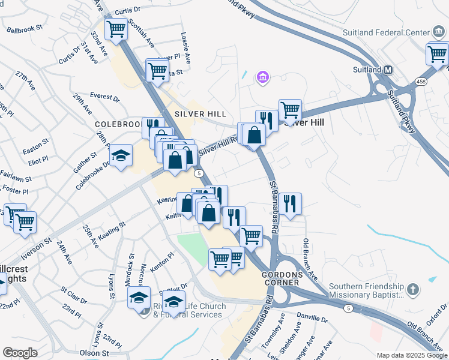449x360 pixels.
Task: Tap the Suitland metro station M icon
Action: pos(388,70)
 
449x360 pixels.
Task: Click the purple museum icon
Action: pos(262,77)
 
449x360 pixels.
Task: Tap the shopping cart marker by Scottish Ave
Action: pos(116,28)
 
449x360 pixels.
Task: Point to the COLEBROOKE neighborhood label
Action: pos(119,124)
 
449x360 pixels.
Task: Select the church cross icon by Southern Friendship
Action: pos(412,289)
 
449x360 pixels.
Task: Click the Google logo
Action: pos(20,353)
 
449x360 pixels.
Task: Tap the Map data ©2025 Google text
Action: pos(412,355)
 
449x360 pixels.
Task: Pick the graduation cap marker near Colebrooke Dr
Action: pos(121,157)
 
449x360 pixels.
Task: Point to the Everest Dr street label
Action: pos(104,97)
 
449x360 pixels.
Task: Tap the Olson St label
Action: pos(94,353)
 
